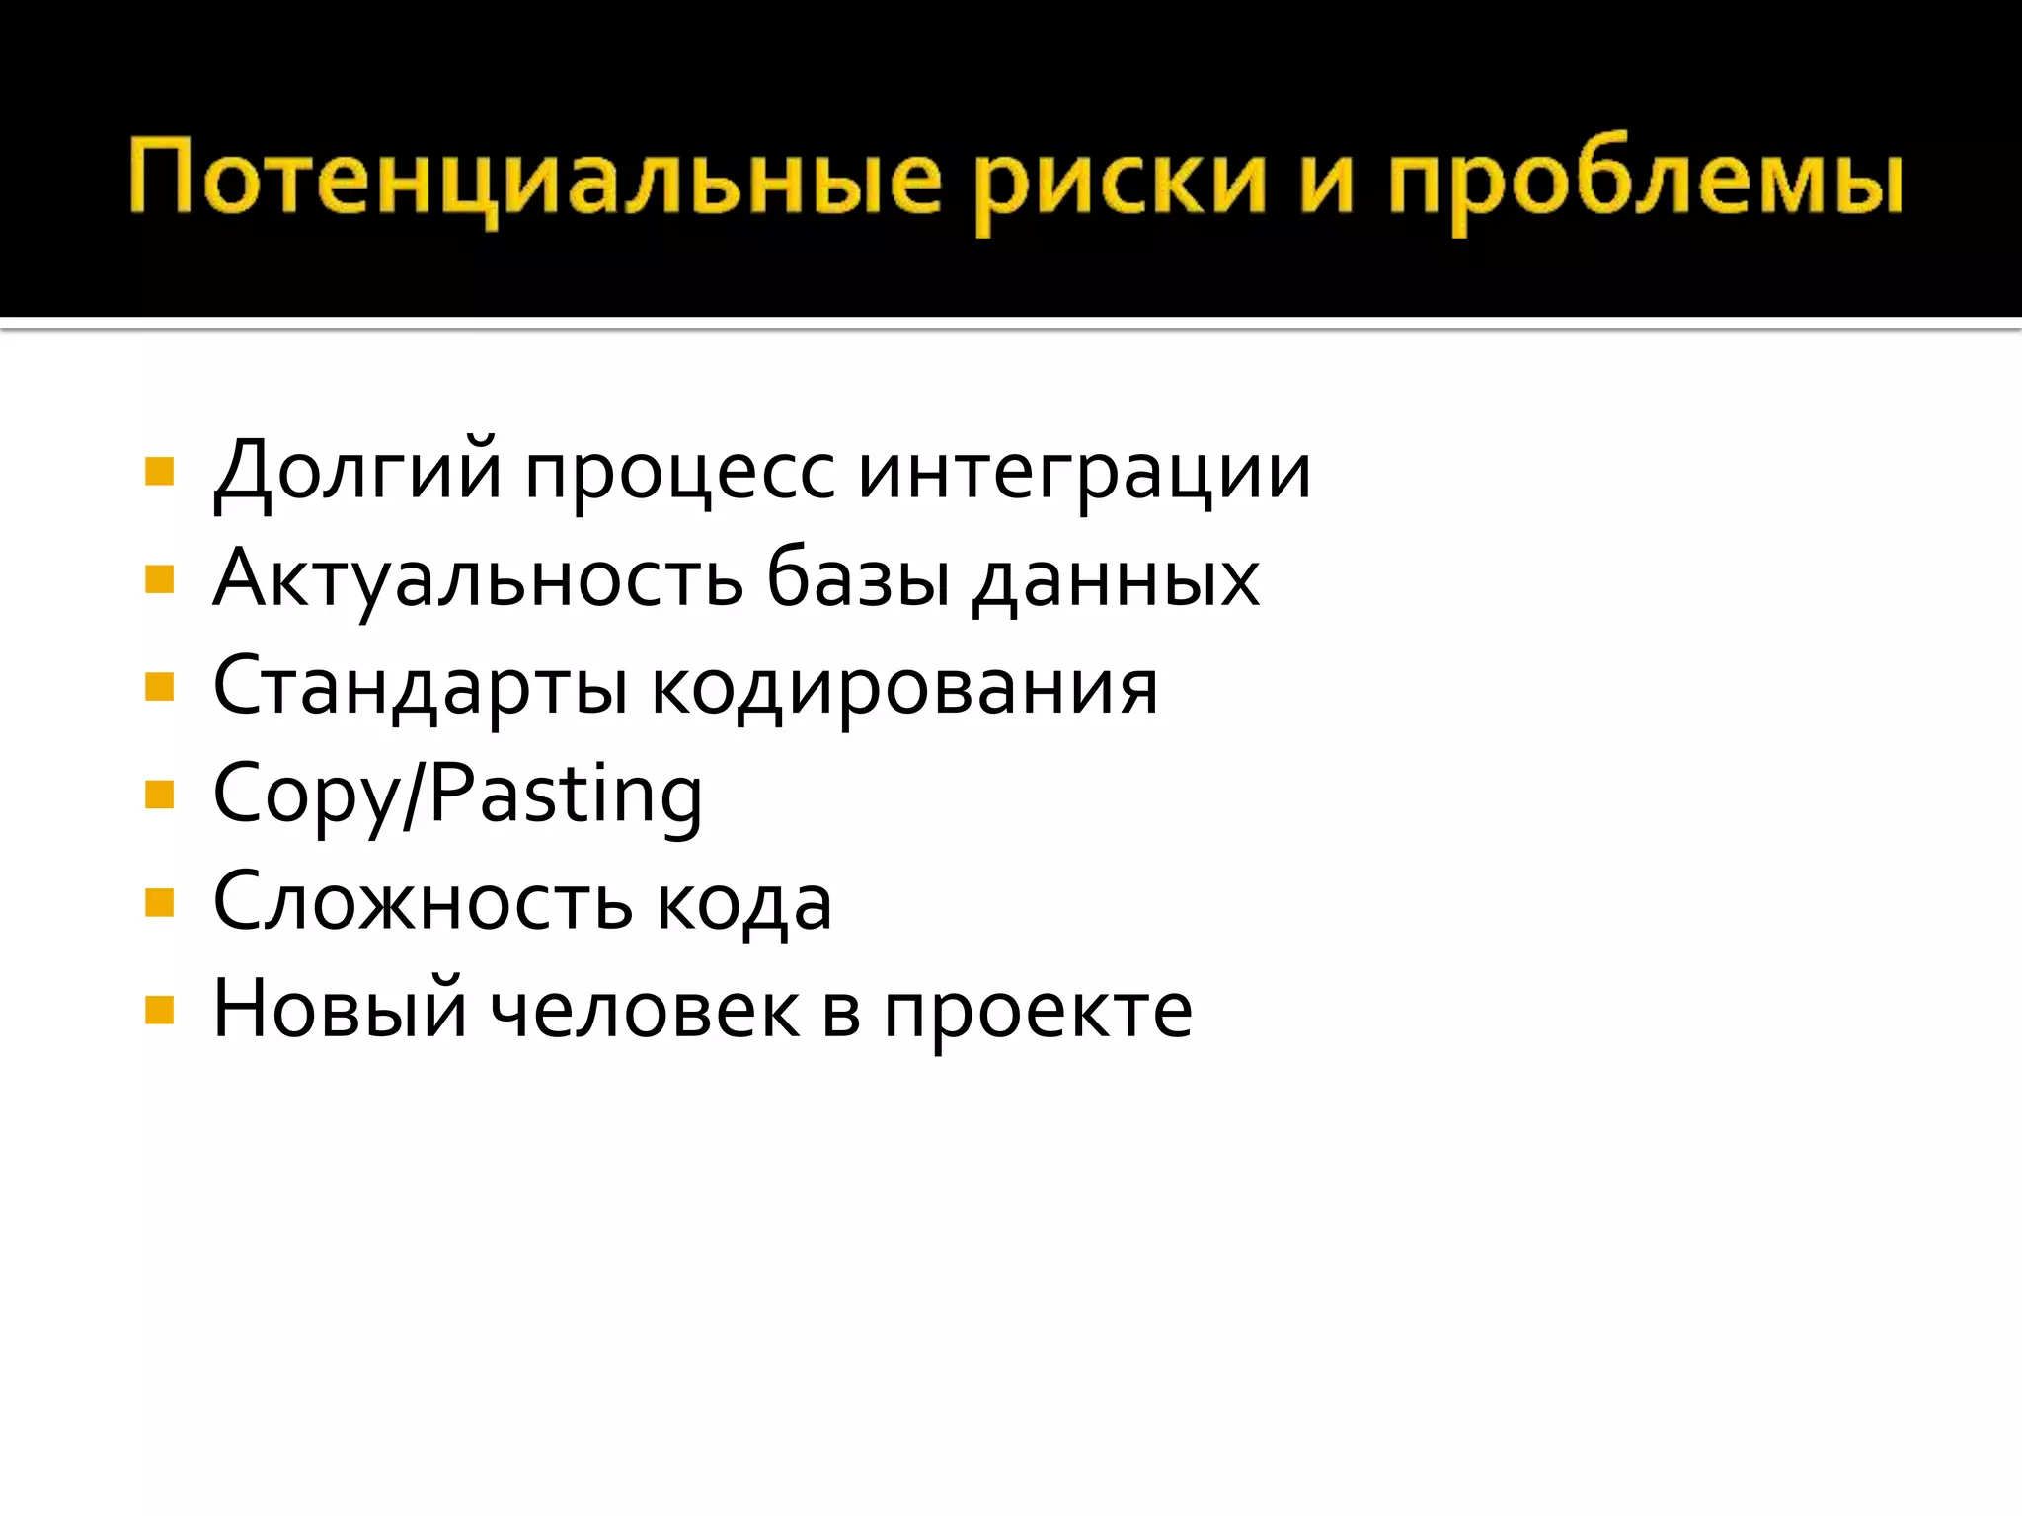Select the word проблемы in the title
1644,183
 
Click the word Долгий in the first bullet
357,473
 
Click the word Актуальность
478,579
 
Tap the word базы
858,579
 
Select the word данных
1116,581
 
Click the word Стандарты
421,688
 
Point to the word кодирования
904,688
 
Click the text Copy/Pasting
457,796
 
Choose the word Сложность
423,903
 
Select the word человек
645,1012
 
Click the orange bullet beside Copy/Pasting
159,795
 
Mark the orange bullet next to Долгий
159,472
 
